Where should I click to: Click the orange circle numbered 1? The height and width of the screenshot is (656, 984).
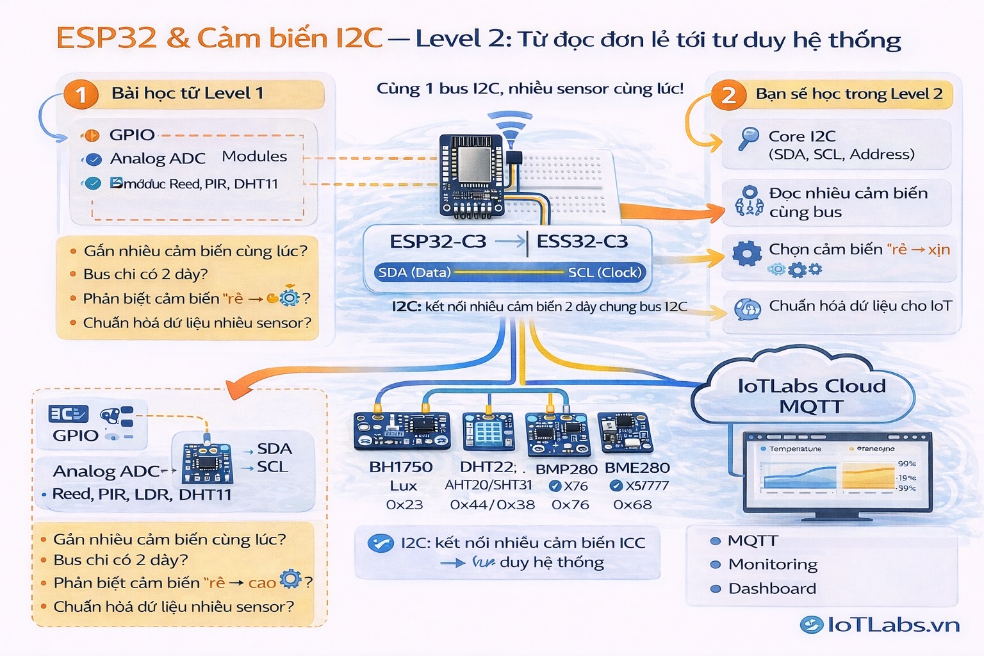pos(81,95)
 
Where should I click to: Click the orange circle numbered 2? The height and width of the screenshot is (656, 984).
pos(728,95)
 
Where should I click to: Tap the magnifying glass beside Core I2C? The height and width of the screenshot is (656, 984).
pos(747,138)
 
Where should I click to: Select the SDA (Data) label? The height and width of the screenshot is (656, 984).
pos(414,272)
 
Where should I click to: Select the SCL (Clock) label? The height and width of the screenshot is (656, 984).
pos(604,272)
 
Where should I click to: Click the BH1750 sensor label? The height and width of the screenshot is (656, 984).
pos(401,467)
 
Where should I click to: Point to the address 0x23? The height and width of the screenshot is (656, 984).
pos(404,505)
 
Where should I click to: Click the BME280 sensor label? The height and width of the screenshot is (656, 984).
pos(637,468)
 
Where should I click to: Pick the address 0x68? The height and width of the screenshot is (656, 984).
pos(632,505)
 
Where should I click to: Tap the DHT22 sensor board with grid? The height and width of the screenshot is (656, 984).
pos(488,432)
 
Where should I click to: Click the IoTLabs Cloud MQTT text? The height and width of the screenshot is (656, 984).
pos(811,396)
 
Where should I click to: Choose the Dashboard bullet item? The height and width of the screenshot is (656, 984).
pos(772,589)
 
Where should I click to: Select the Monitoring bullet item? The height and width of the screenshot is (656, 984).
pos(773,564)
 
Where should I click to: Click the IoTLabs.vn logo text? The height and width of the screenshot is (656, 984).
pos(893,625)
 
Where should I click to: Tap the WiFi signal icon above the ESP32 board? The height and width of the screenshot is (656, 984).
pos(510,126)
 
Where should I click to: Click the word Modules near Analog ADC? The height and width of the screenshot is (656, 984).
pos(254,156)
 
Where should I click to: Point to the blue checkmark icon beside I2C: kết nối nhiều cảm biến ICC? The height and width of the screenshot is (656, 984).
pos(381,543)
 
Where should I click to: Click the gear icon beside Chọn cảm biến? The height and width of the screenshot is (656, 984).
pos(746,254)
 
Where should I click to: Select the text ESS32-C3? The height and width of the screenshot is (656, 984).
pos(582,242)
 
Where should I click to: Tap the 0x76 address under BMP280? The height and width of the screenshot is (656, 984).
pos(570,505)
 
